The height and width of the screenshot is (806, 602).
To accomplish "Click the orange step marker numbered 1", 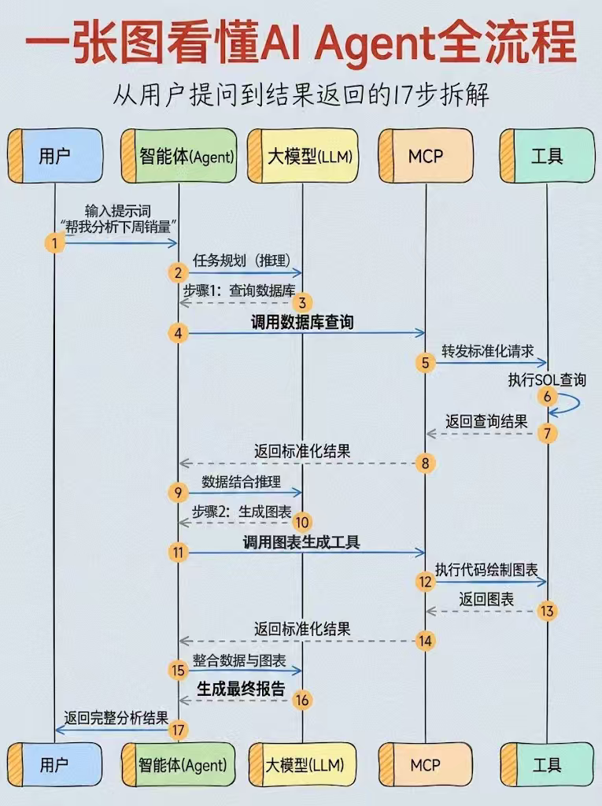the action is pos(55,242).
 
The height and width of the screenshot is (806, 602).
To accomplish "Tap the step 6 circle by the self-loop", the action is pos(548,397).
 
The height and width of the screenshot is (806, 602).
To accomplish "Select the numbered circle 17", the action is pos(179,730).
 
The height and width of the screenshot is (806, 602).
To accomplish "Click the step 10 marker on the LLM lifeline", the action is pos(302,523).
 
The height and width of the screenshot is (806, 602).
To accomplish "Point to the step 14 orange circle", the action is pos(425,641).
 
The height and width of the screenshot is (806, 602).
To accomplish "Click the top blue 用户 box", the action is pos(55,156).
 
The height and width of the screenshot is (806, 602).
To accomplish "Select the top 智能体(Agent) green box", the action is pos(179,156).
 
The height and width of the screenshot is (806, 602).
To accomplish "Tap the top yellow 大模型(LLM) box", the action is pos(303,156).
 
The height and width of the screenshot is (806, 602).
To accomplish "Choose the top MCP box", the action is pos(426,156).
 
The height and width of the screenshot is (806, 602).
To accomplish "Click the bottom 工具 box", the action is pos(547,765).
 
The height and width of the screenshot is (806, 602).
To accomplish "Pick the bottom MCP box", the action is pos(426,765).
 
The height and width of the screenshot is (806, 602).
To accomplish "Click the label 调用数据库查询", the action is pos(302,322).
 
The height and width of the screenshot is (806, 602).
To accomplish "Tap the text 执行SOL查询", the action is pos(547,380).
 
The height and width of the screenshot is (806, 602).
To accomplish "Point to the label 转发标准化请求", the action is pos(487,351).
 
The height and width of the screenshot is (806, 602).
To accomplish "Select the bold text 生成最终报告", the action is pos(241,689).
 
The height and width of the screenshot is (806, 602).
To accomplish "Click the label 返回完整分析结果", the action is pos(116,718).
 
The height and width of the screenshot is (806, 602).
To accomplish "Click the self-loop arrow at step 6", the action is pos(570,404).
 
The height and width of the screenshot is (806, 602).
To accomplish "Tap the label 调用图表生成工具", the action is pos(301,542).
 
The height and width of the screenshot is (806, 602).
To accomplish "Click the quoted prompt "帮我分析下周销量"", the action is pos(119,226).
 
